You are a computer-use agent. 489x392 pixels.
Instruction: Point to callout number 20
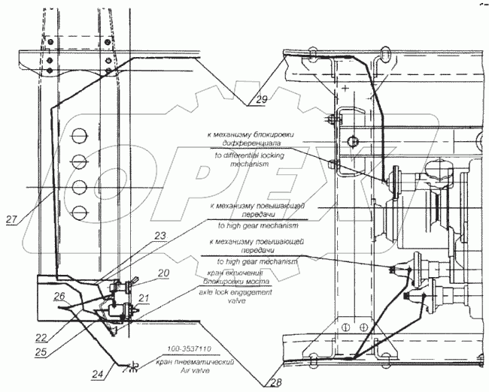(163, 273)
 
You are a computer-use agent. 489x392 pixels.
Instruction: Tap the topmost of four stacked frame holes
(77, 135)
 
